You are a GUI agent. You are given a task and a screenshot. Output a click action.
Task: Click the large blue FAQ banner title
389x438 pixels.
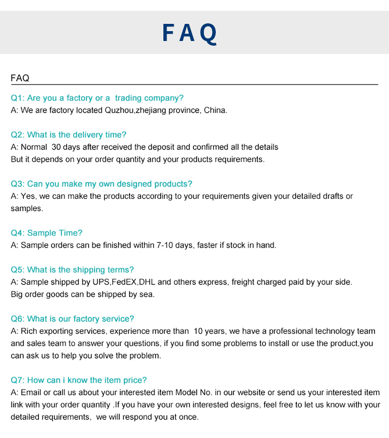(189, 33)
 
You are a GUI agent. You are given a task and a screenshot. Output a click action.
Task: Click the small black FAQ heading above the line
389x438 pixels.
(20, 78)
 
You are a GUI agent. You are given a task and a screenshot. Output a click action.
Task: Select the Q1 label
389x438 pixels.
(18, 98)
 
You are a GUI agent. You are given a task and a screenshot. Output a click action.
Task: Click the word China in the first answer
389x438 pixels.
(215, 110)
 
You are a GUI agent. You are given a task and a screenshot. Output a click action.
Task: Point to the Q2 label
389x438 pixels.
(18, 135)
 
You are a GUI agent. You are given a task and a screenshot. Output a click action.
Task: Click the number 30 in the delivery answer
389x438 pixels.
(57, 147)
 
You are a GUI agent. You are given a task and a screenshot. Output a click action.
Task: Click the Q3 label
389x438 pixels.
(18, 184)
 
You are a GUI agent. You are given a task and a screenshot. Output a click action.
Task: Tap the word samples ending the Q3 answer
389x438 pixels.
(26, 208)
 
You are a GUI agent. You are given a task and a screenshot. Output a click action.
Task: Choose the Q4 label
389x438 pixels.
(18, 233)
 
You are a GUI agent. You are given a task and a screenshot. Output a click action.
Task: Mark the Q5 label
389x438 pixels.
(18, 270)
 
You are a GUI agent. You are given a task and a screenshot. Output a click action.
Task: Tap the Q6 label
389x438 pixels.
(18, 319)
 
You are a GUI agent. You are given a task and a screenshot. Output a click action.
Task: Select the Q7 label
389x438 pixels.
(18, 380)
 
